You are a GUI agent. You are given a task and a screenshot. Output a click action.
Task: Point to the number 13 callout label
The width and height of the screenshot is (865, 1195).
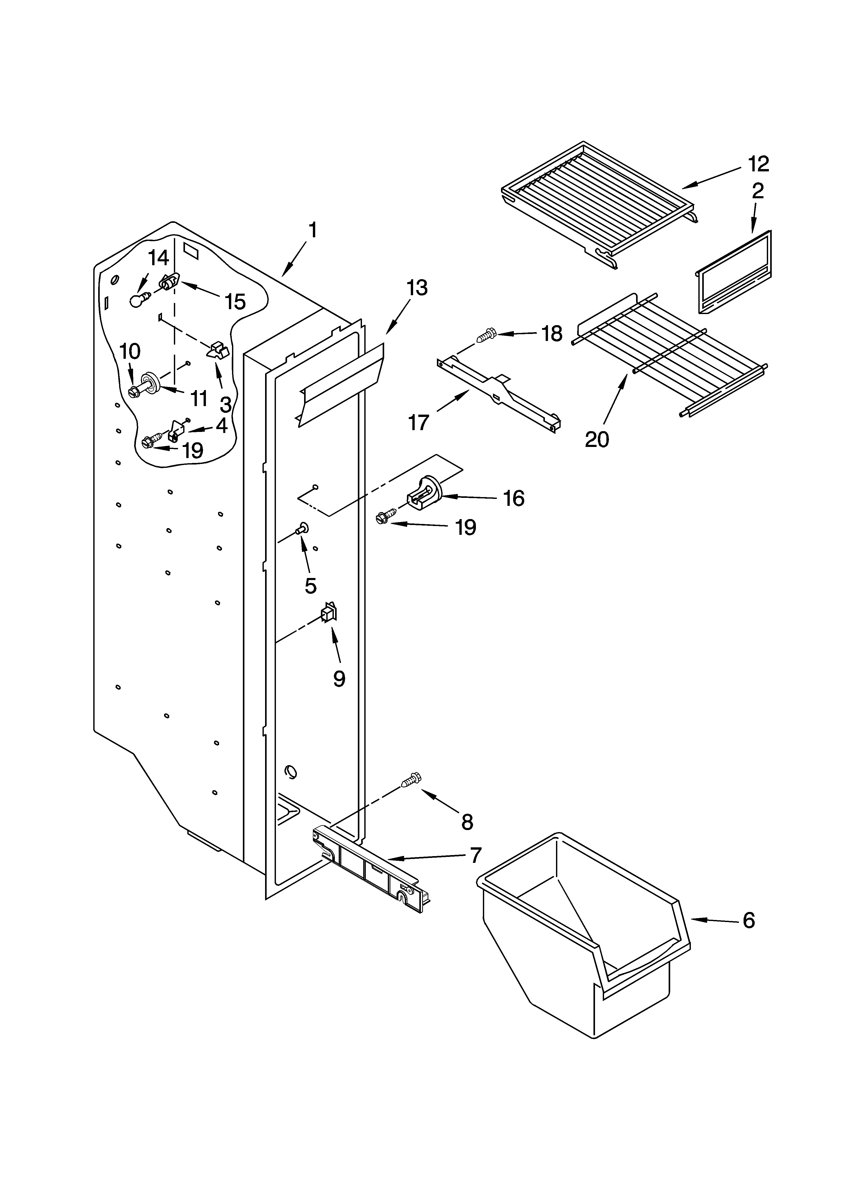point(417,288)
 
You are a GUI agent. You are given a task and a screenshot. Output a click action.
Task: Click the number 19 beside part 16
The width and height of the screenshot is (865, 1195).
point(466,527)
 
